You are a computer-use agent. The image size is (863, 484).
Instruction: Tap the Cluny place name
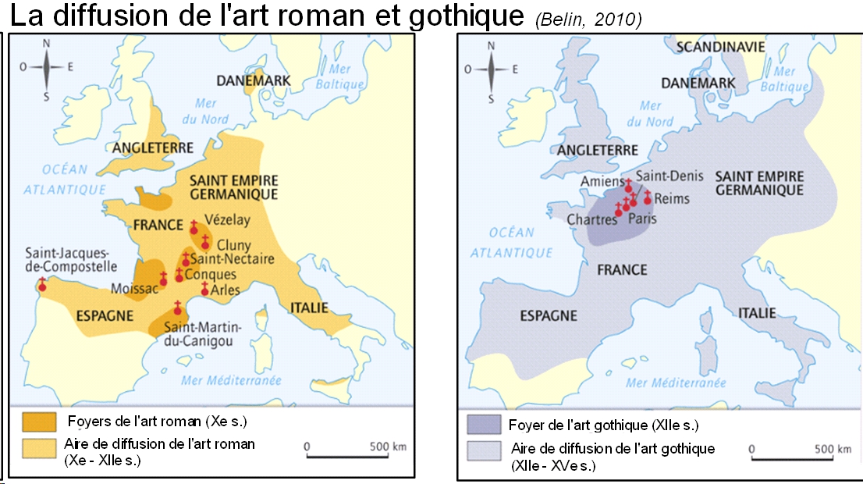pos(234,246)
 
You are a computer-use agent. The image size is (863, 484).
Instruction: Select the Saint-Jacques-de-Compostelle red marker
pos(42,286)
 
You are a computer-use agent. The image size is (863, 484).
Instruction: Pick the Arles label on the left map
pos(226,290)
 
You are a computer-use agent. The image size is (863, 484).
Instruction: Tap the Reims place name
pos(673,198)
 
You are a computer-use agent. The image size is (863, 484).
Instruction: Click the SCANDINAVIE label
pos(720,47)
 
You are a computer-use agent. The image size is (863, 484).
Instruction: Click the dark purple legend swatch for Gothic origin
pos(483,425)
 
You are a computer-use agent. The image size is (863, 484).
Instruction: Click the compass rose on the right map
pos(492,69)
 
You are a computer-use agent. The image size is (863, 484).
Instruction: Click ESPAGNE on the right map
pos(549,315)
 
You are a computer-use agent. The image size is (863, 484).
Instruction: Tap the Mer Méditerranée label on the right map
pos(676,383)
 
